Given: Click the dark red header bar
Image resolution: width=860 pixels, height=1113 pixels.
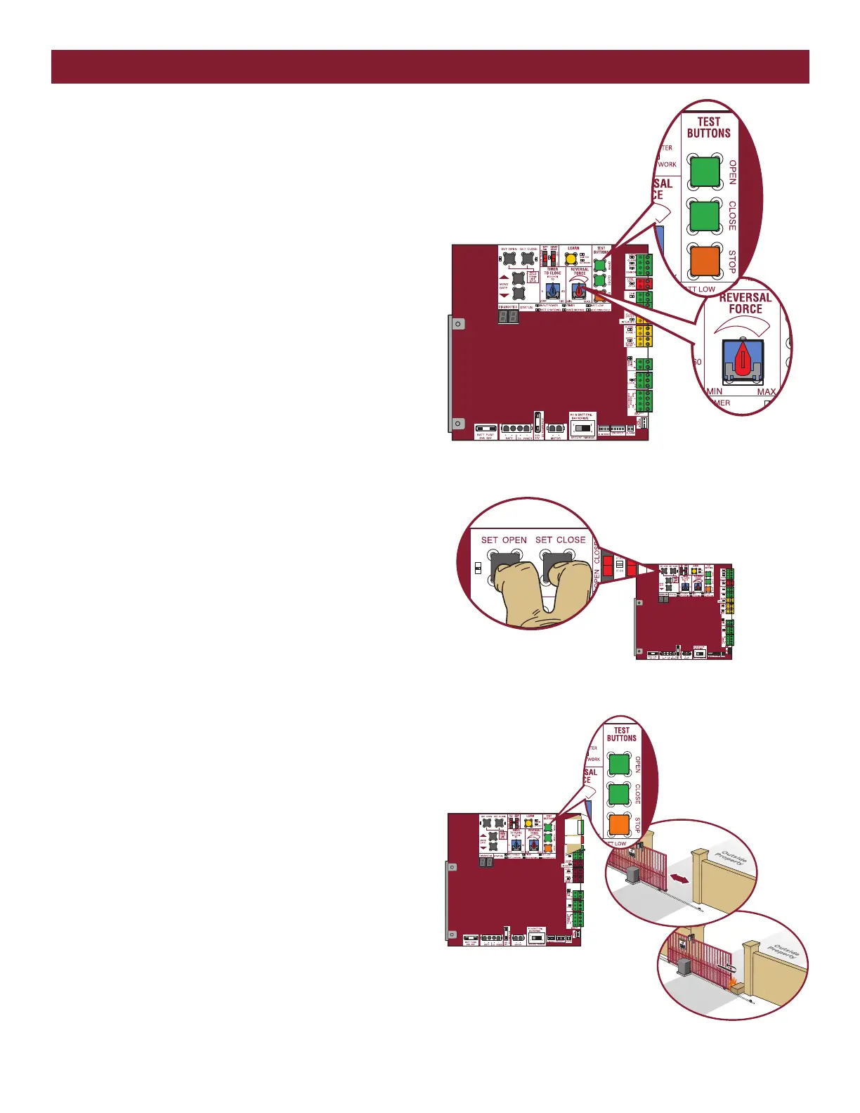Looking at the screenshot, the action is pyautogui.click(x=430, y=67).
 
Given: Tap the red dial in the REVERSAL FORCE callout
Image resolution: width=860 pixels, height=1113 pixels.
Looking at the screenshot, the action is pyautogui.click(x=743, y=360).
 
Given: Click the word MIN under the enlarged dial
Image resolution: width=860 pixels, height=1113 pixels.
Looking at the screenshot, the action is pyautogui.click(x=715, y=391).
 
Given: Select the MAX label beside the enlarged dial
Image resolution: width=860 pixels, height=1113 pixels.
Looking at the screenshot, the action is pyautogui.click(x=767, y=391).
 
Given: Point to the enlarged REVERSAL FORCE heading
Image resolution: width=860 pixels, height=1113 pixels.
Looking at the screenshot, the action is pyautogui.click(x=745, y=303).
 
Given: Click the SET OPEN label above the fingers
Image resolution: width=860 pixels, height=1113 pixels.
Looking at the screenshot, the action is pyautogui.click(x=504, y=540).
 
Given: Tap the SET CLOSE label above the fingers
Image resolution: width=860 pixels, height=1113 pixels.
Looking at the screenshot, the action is pyautogui.click(x=560, y=540).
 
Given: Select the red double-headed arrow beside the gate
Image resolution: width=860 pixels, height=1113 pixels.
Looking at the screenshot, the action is pyautogui.click(x=679, y=878).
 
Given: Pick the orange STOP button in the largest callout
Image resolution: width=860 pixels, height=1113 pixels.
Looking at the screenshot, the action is pyautogui.click(x=705, y=261).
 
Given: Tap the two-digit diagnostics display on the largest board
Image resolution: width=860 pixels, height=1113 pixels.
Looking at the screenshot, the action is pyautogui.click(x=508, y=317).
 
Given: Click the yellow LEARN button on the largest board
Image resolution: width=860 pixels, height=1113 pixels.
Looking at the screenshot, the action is pyautogui.click(x=571, y=259).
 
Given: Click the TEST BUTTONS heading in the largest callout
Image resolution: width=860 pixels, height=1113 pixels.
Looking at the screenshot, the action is pyautogui.click(x=708, y=127).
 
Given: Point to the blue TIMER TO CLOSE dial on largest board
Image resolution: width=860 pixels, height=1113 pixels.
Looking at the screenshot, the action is pyautogui.click(x=553, y=289).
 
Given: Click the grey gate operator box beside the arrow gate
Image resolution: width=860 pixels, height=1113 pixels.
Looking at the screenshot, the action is pyautogui.click(x=636, y=873).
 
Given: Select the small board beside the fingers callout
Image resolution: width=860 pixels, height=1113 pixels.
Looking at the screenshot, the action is pyautogui.click(x=683, y=611).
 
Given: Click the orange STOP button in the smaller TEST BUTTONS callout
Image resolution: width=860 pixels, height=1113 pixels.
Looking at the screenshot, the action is pyautogui.click(x=618, y=824).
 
